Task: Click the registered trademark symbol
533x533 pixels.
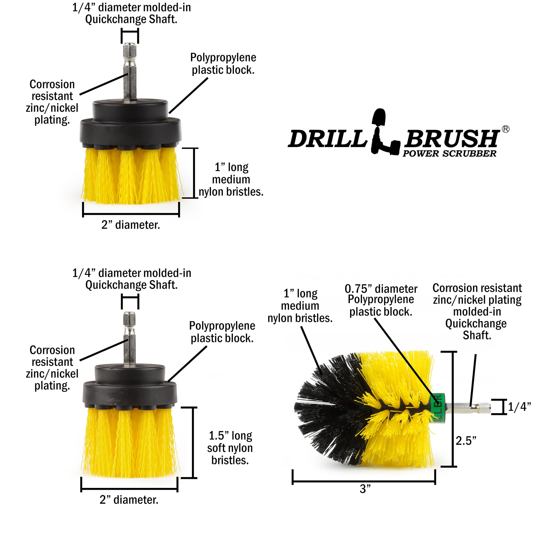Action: point(505,129)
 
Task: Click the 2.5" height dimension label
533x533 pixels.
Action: point(466,441)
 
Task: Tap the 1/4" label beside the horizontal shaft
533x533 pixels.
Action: point(519,407)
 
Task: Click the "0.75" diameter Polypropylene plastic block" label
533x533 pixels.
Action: point(381,300)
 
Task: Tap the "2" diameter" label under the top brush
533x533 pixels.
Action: point(131,225)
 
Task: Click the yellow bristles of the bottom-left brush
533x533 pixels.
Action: point(130,441)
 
